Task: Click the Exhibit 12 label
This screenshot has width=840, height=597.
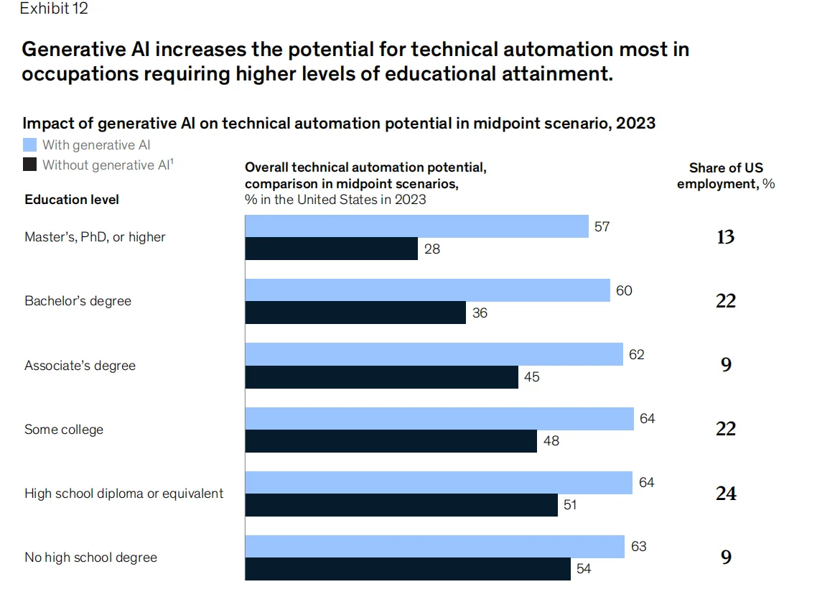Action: [x=55, y=9]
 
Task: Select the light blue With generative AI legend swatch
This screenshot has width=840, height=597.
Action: [x=30, y=145]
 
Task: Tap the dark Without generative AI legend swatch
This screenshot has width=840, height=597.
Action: [x=30, y=165]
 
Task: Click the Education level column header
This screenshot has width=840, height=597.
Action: [x=72, y=200]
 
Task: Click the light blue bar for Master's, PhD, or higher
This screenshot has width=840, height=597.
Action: [x=416, y=227]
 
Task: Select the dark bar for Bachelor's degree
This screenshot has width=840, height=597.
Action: [x=355, y=313]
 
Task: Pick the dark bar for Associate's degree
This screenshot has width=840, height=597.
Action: [x=381, y=377]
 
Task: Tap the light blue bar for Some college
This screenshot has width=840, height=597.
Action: [x=439, y=419]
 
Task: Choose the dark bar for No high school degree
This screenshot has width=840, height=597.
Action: [x=408, y=569]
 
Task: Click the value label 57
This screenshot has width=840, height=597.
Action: [x=602, y=227]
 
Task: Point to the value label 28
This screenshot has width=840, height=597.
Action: [x=432, y=249]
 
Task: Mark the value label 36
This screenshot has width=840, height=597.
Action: [x=480, y=313]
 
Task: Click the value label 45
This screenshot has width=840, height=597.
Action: [x=532, y=377]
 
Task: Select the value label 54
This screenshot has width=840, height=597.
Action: [x=584, y=569]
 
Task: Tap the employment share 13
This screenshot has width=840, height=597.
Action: [x=725, y=237]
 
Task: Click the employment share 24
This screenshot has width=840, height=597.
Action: [x=725, y=494]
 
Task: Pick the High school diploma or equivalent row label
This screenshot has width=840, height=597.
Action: [x=124, y=494]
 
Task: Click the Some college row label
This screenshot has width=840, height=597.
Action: [x=64, y=430]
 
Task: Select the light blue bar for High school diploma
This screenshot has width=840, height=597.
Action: [x=438, y=483]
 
